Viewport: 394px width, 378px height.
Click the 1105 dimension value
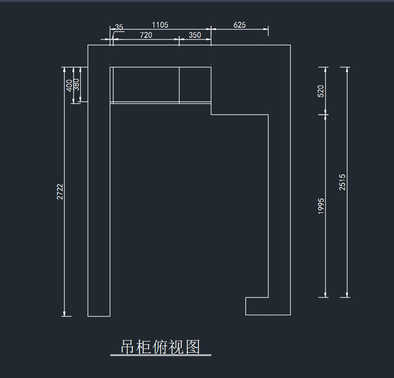click(x=160, y=25)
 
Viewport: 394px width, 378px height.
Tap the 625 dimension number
click(x=239, y=25)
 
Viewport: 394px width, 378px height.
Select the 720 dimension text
click(x=146, y=35)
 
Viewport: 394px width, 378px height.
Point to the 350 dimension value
click(x=195, y=35)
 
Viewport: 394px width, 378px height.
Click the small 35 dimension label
click(x=119, y=27)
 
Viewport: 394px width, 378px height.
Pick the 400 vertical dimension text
click(x=69, y=85)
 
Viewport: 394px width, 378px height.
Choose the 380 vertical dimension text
click(x=76, y=84)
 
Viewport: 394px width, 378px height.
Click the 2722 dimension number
click(x=60, y=191)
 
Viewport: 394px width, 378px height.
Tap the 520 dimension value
click(x=321, y=91)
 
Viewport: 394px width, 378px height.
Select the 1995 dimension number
click(x=321, y=206)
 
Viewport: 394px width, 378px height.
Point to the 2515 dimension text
click(x=342, y=182)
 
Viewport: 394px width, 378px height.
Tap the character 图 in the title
click(x=193, y=347)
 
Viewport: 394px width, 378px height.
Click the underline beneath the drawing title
click(x=161, y=355)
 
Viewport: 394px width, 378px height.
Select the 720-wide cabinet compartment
click(x=146, y=84)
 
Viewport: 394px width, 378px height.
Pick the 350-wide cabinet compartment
click(x=195, y=84)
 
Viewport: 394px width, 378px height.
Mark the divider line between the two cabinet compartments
click(x=179, y=85)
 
